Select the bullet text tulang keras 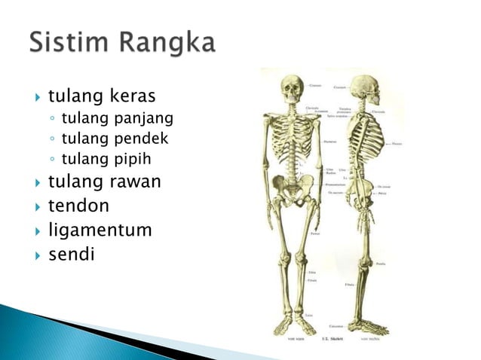(x=102, y=96)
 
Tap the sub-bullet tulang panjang (x=117, y=118)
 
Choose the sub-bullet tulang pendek (x=115, y=139)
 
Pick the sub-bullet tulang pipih (x=106, y=159)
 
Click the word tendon (x=78, y=206)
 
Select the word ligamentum (x=100, y=230)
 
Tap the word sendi (x=72, y=254)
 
